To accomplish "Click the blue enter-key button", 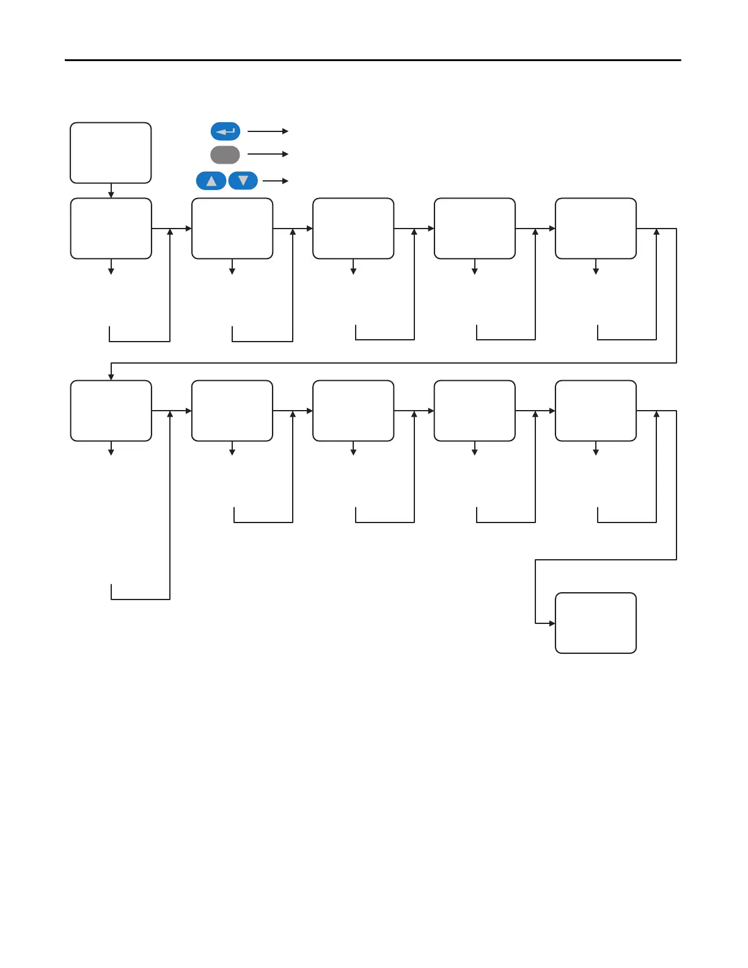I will pos(226,131).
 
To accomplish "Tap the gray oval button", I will pos(225,155).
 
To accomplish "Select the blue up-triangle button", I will pos(211,181).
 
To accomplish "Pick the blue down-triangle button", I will pos(243,181).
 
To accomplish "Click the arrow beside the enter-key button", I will pos(268,131).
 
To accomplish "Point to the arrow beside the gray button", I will pos(268,154).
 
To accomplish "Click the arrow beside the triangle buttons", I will pos(275,181).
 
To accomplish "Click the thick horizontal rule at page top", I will pos(373,61).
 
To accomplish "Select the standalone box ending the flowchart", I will pos(595,623).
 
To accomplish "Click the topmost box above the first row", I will pos(111,153).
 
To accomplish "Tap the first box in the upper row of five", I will pos(111,229).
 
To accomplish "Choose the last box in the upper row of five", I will pos(595,229).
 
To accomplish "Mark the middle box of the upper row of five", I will pos(353,229).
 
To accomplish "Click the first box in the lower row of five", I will pos(111,411).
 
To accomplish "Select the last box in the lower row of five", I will pos(595,411).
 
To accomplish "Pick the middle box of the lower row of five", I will pos(353,411).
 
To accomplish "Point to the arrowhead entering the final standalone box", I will pos(552,623).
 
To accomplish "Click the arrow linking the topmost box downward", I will pos(111,191).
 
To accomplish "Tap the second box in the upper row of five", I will pos(232,229).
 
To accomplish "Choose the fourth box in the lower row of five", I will pos(474,411).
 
